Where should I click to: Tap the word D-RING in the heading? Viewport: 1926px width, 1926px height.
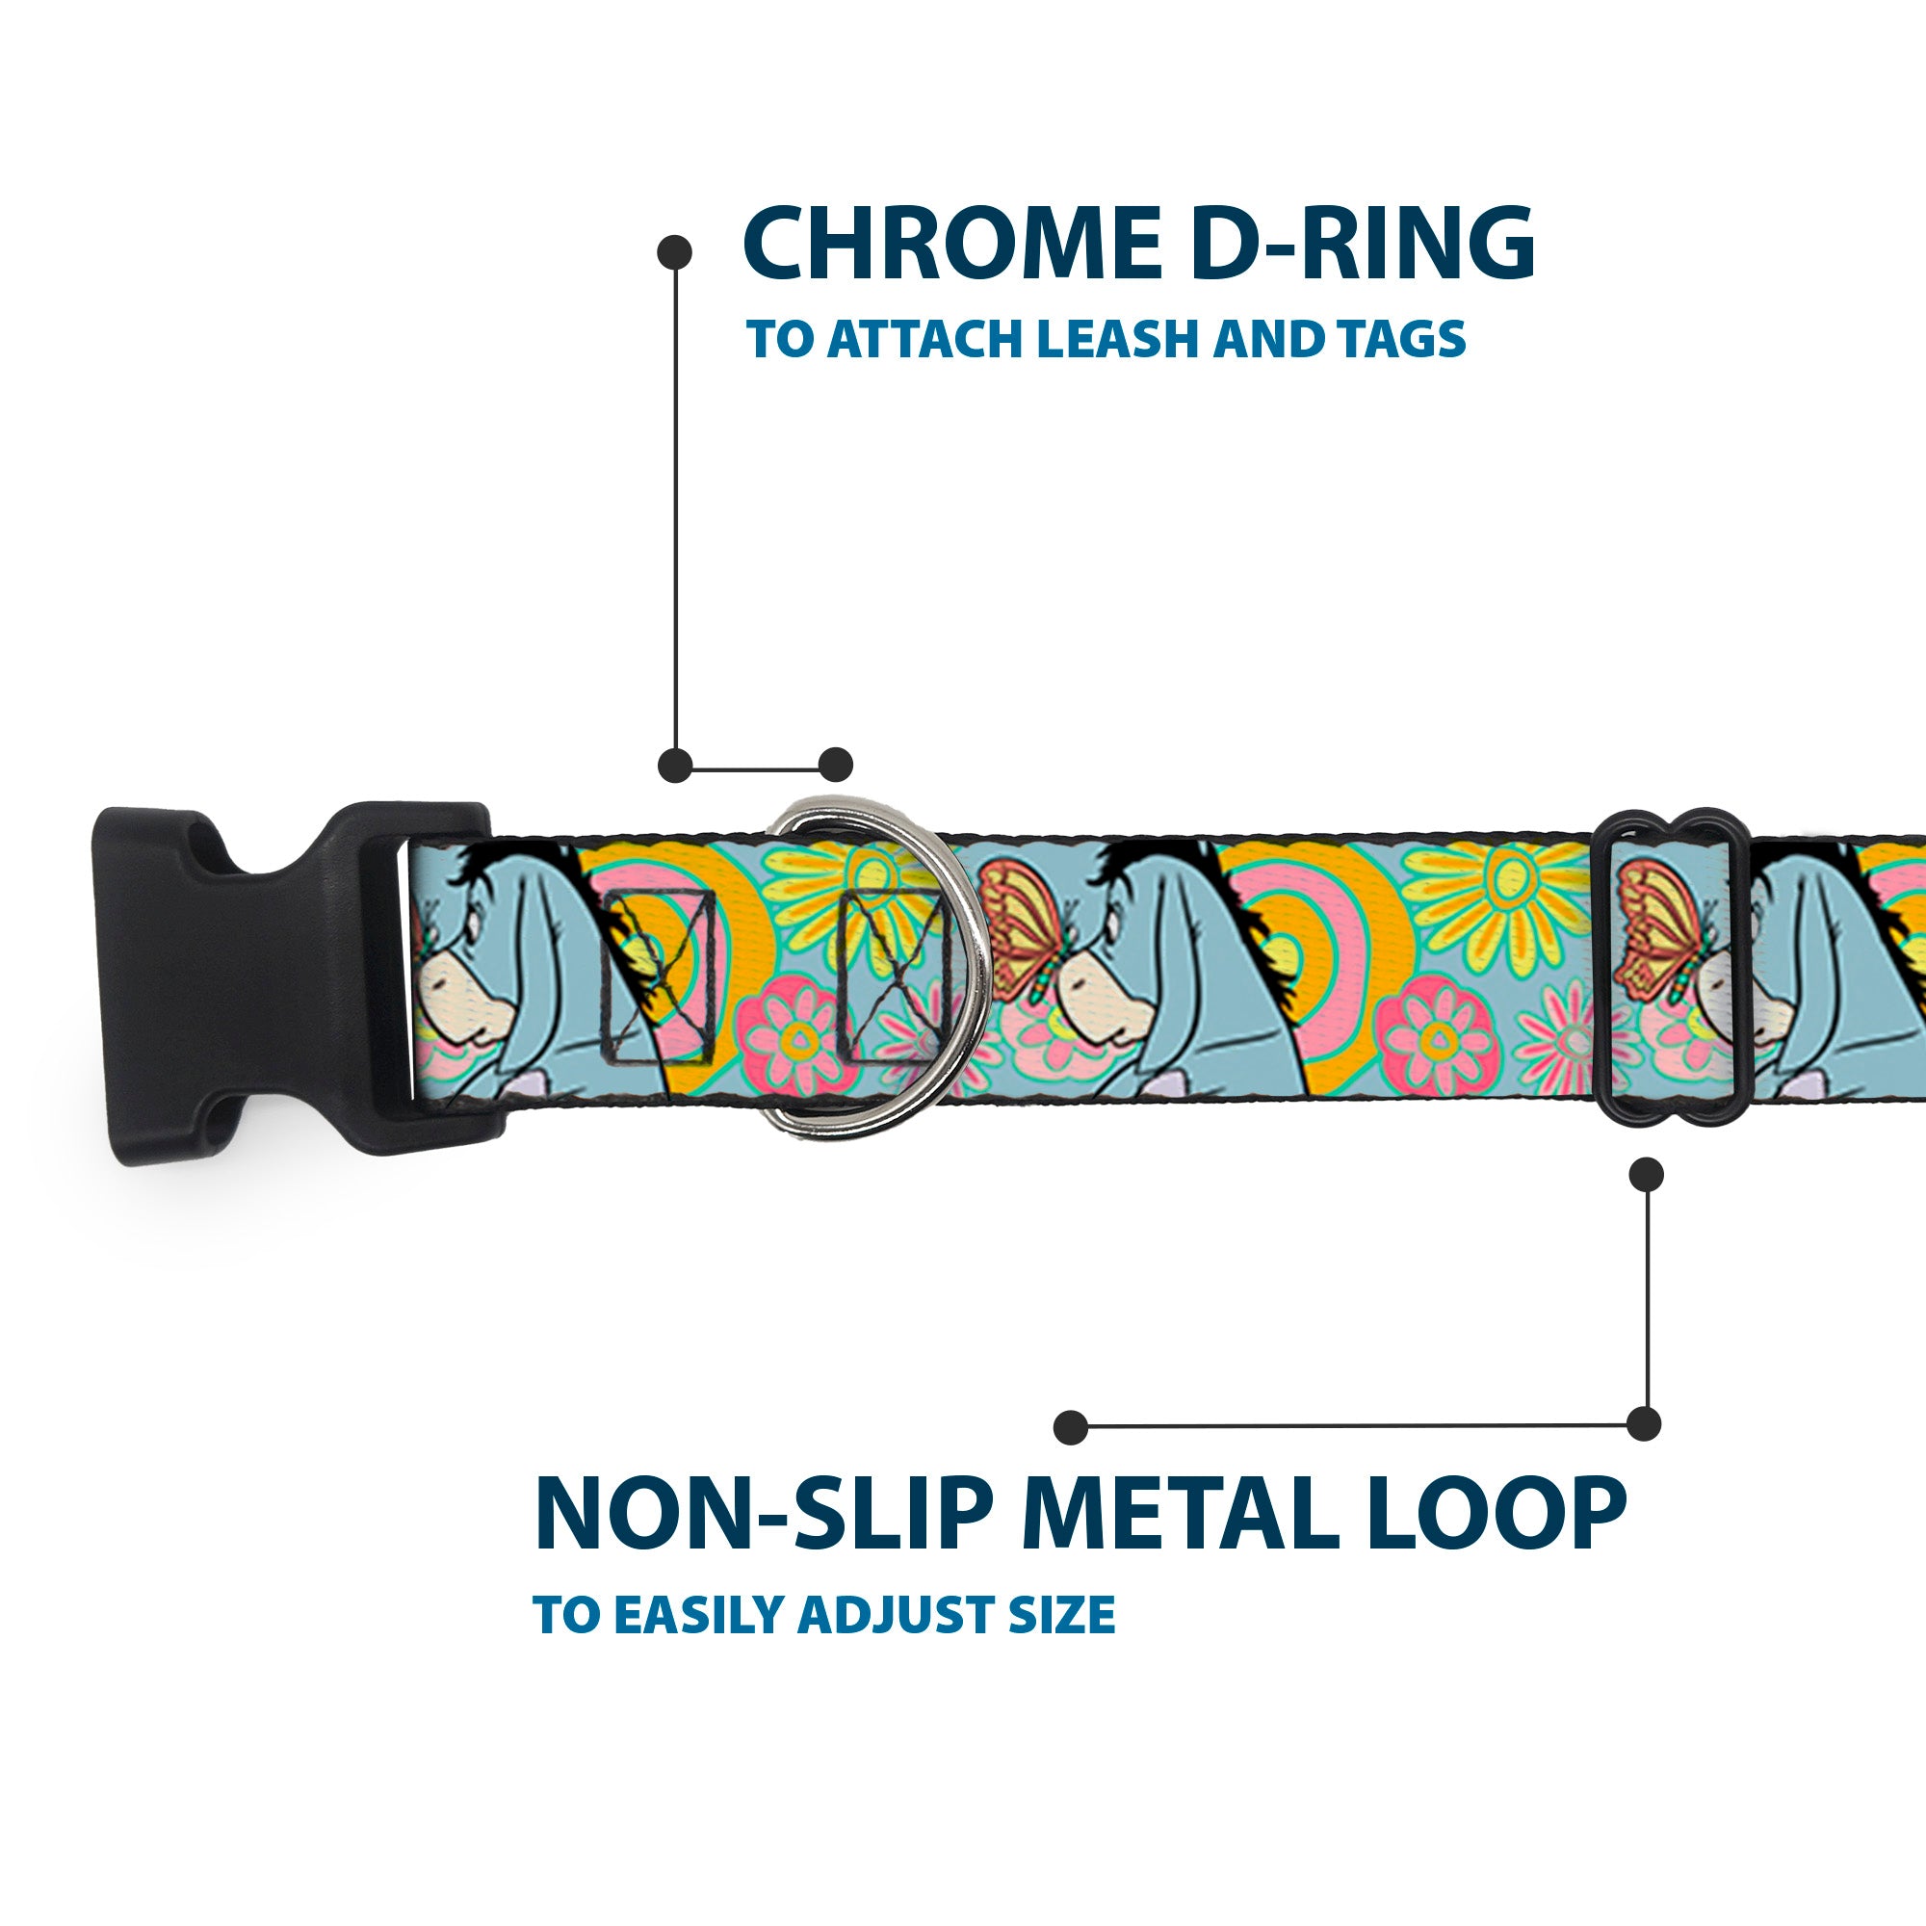coord(1362,245)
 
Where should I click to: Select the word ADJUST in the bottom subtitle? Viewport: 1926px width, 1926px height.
coord(897,1615)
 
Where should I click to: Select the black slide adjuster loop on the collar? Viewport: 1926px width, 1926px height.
coord(1674,968)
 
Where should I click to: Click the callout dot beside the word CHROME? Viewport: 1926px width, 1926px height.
coord(675,251)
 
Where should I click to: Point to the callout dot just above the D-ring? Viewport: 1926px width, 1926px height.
coord(837,765)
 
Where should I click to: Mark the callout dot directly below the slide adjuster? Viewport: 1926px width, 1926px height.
coord(1646,1174)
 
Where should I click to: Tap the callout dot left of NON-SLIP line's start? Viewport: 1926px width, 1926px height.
coord(1071,1426)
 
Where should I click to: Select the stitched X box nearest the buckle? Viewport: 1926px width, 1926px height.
coord(658,976)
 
